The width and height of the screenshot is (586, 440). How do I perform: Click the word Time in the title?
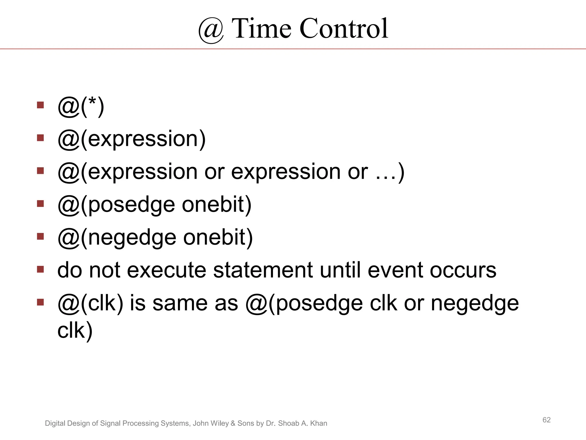click(262, 28)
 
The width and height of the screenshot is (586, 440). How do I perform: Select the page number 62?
click(547, 420)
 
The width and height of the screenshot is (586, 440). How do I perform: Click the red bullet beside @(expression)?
click(40, 138)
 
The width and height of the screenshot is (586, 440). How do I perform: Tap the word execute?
click(166, 270)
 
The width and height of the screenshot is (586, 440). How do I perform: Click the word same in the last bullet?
click(180, 303)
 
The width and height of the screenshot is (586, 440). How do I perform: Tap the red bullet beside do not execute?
click(40, 269)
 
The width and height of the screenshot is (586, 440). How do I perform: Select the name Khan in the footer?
click(318, 423)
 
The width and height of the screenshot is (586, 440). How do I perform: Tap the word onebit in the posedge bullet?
click(216, 205)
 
